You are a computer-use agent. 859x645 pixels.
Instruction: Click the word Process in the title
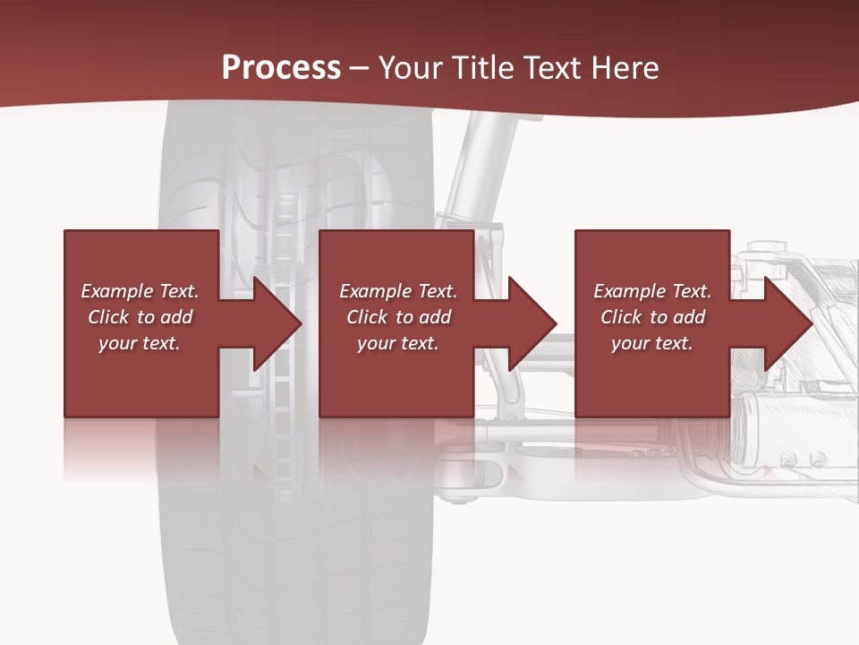pyautogui.click(x=281, y=68)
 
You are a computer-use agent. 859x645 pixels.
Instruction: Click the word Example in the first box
pyautogui.click(x=117, y=291)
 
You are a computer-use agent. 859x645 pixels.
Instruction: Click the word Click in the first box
pyautogui.click(x=108, y=317)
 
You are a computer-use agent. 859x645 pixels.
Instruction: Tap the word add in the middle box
pyautogui.click(x=435, y=317)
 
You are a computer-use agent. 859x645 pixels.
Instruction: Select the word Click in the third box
pyautogui.click(x=621, y=317)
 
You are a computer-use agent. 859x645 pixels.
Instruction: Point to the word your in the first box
pyautogui.click(x=117, y=343)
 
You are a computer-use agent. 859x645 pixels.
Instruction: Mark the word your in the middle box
pyautogui.click(x=376, y=343)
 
